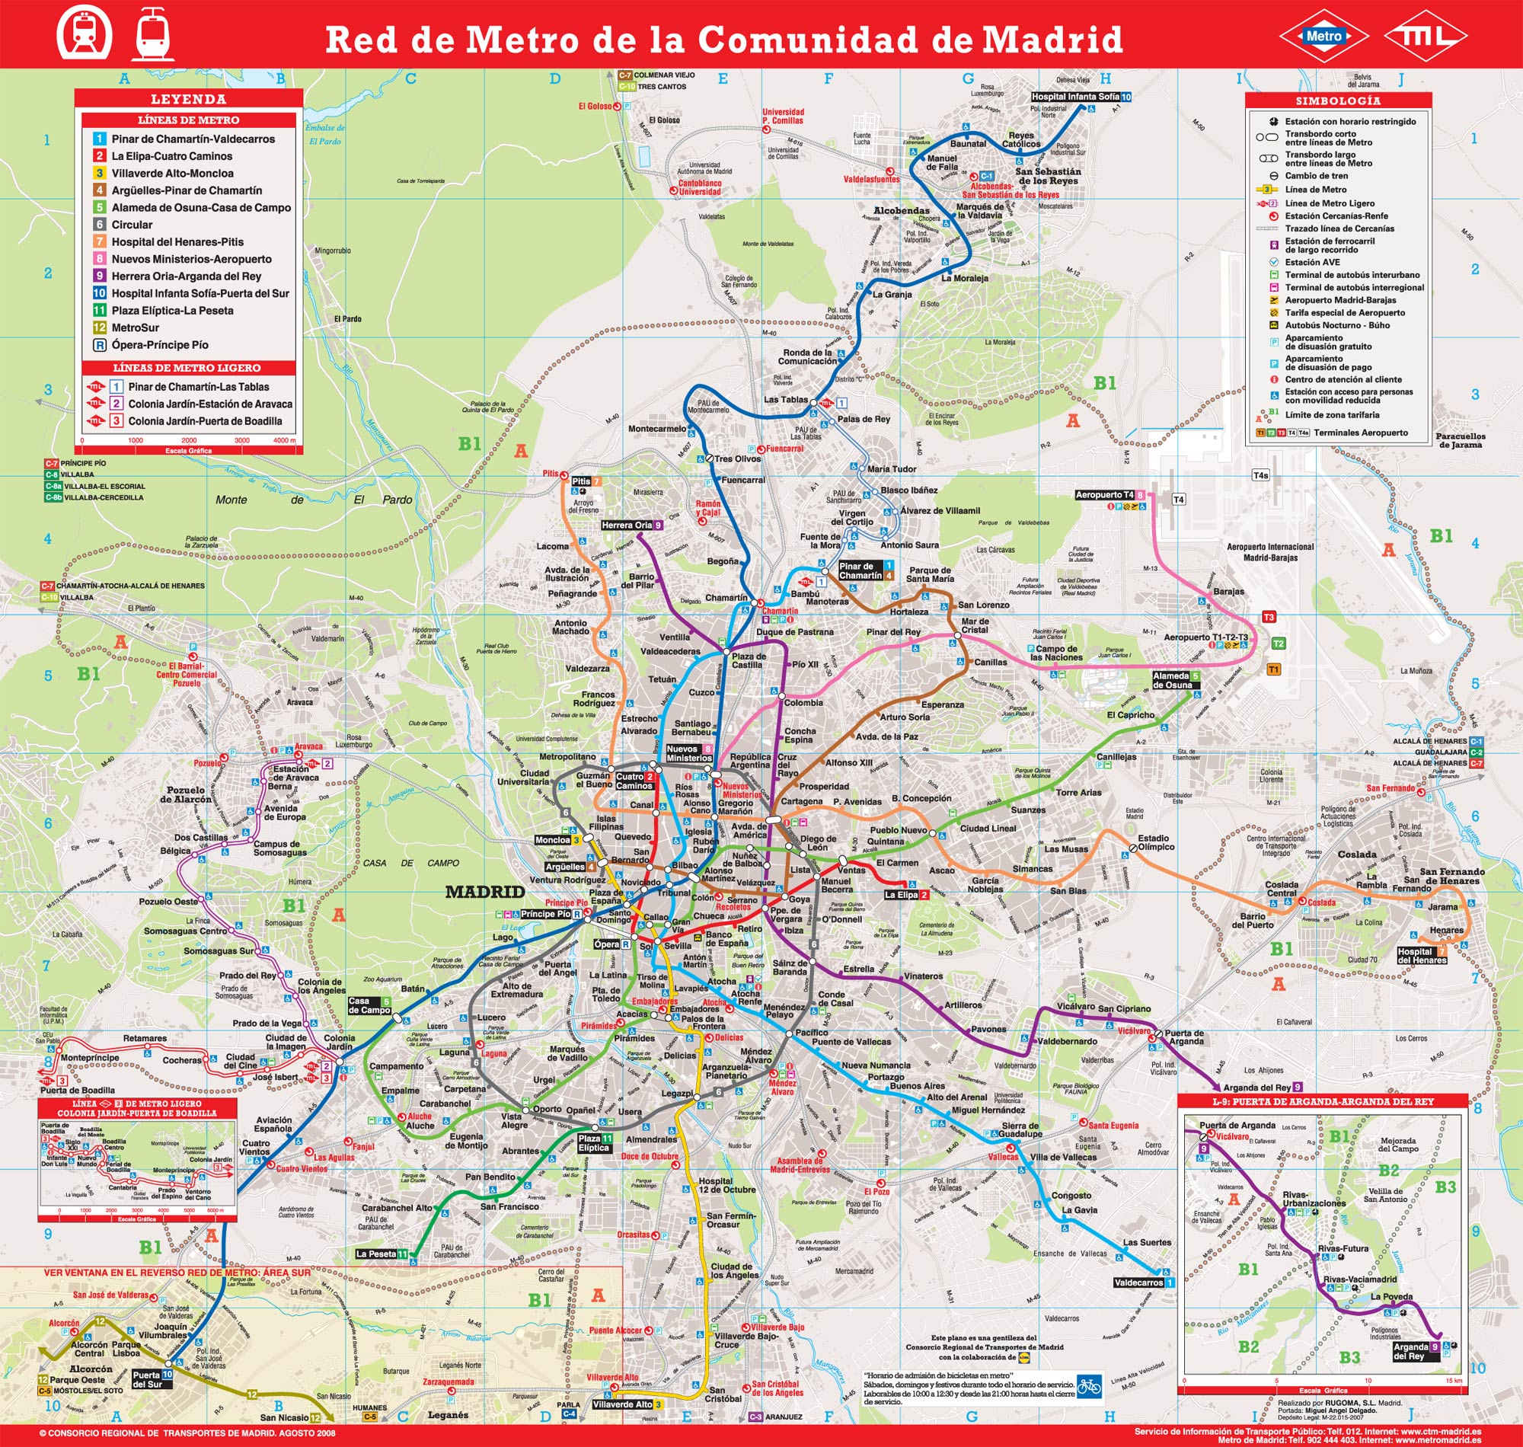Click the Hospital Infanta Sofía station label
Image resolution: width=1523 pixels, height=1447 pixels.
(x=1075, y=97)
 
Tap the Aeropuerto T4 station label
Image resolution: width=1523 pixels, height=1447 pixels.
(x=1104, y=494)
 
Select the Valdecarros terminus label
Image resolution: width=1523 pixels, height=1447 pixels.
(x=1138, y=1282)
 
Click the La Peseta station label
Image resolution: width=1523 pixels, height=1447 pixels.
(x=376, y=1254)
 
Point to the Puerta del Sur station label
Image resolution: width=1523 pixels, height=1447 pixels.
(x=147, y=1379)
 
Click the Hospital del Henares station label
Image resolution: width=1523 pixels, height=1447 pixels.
(x=1416, y=956)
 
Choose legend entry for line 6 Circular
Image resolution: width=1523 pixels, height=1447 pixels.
(x=131, y=225)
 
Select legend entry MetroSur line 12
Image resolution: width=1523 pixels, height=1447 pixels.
(x=135, y=327)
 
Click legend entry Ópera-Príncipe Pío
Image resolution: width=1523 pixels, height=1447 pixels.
(x=159, y=345)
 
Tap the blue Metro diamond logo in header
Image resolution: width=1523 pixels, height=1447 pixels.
(x=1323, y=36)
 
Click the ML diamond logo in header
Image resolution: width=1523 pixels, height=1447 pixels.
(x=1424, y=36)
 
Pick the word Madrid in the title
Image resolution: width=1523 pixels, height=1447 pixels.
(x=1052, y=40)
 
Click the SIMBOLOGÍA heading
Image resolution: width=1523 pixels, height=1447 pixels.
(x=1338, y=101)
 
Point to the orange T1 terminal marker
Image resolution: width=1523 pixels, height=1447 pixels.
(x=1273, y=669)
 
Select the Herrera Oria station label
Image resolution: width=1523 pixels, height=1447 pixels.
(x=627, y=525)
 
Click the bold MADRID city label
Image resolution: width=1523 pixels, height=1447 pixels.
(x=485, y=893)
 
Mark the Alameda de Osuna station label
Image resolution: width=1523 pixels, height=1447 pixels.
(x=1171, y=680)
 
